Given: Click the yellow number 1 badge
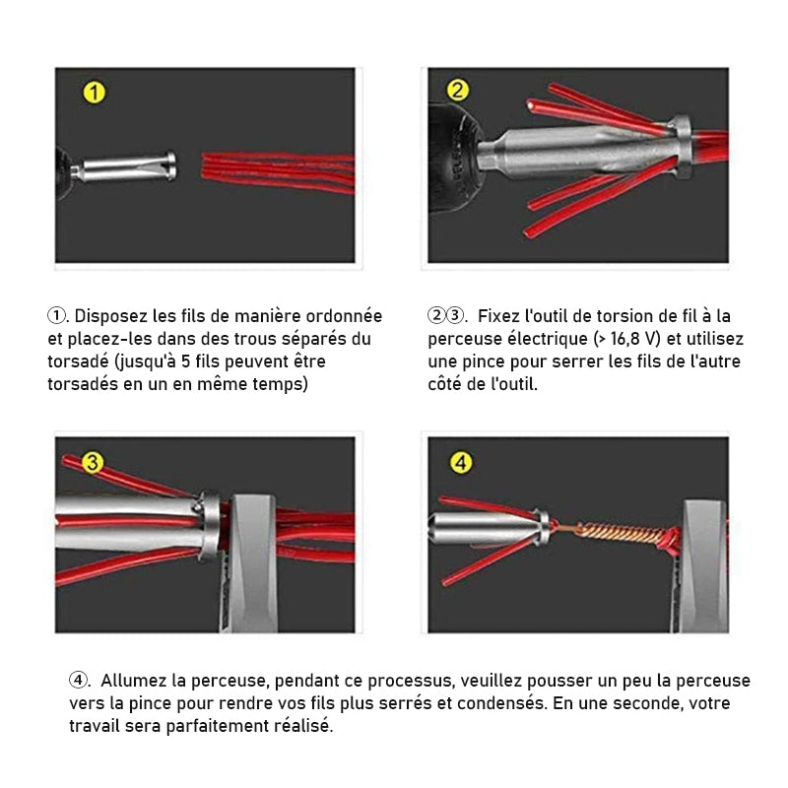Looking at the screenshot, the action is pos(94,93).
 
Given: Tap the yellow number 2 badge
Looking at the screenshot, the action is pos(457,91).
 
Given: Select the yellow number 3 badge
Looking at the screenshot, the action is pos(93,463).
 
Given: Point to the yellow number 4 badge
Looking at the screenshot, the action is pos(461,463).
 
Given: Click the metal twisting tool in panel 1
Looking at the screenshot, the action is pos(125,166).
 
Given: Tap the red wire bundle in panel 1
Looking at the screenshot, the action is pos(279,172).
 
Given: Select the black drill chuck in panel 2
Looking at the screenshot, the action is pos(453,159).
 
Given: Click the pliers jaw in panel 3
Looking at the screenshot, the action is pos(251,562).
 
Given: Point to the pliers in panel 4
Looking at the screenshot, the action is pos(701,565).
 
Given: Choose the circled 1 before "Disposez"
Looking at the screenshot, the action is pos(57,316).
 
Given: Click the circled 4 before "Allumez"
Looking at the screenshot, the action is pos(79,681).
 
